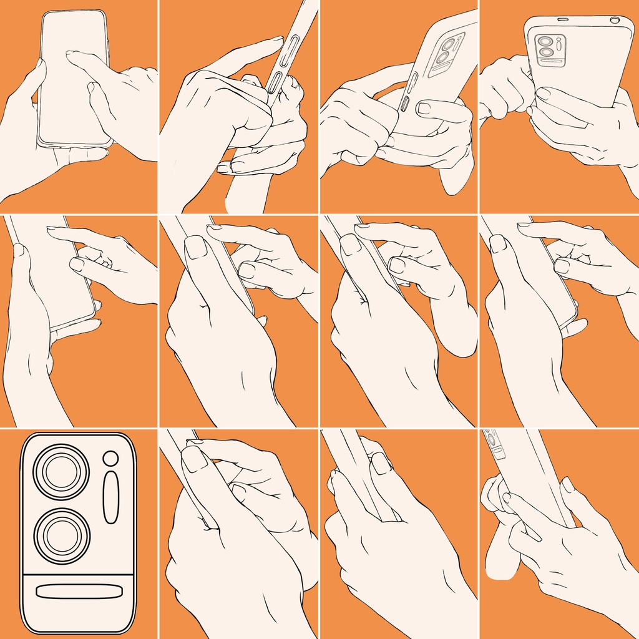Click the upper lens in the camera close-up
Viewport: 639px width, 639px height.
(x=61, y=471)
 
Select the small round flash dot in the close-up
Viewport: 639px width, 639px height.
(x=111, y=459)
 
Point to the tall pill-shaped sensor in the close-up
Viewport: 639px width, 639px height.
(x=111, y=497)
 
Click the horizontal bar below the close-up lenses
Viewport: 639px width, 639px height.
(x=78, y=591)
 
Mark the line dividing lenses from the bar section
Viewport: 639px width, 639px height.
(x=78, y=572)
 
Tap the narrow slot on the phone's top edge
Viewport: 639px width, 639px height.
(x=562, y=19)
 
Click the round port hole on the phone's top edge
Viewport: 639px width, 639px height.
(x=615, y=20)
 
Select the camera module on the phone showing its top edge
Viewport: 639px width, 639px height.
(x=550, y=50)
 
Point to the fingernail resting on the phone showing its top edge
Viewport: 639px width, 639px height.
(x=543, y=94)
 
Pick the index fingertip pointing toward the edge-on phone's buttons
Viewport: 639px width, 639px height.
(x=275, y=41)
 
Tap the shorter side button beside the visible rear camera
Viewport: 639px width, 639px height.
(x=404, y=104)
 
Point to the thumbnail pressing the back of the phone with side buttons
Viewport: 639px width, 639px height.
(x=424, y=108)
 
